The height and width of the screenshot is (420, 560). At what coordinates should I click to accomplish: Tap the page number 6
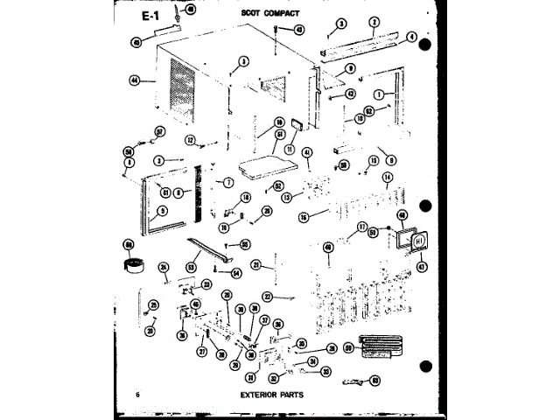(138, 395)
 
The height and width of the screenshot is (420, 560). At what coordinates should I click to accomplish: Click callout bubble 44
(135, 80)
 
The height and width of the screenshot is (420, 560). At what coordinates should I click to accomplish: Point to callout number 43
(299, 29)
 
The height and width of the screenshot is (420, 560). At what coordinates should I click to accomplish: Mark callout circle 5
(139, 210)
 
